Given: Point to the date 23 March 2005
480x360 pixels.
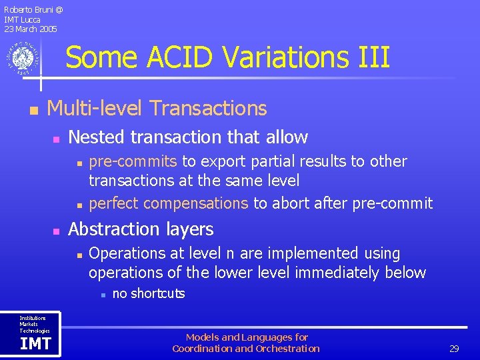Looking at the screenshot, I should [31, 29].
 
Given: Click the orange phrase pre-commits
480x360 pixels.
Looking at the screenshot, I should [133, 161].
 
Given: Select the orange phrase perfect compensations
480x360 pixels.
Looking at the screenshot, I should [168, 203].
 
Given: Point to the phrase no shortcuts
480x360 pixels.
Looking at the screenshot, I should [149, 294].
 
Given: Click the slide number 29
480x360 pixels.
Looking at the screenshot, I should [454, 349].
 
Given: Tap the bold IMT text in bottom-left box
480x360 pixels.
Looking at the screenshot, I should [35, 344].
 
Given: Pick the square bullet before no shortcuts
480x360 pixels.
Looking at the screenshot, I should [100, 295].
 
